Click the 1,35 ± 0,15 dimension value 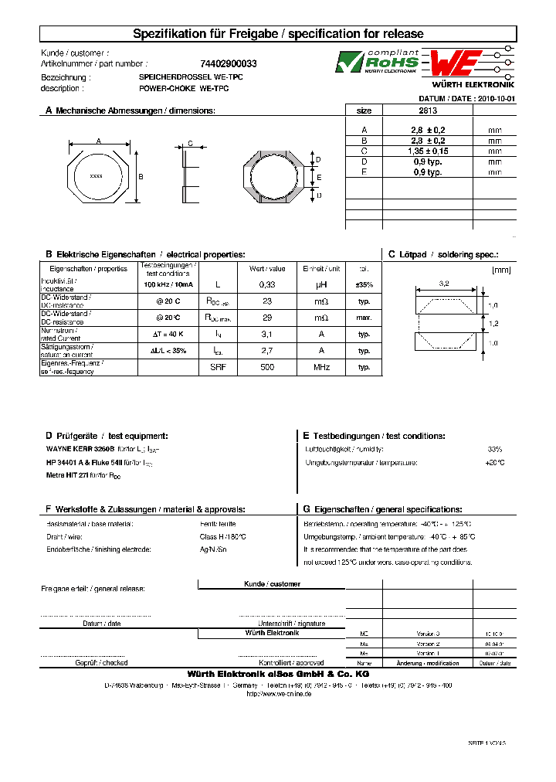coord(426,151)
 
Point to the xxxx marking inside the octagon coord(97,175)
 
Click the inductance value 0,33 coord(267,284)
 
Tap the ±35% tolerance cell coord(364,284)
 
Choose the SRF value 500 coord(267,367)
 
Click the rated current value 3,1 coord(267,334)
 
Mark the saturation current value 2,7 coord(267,350)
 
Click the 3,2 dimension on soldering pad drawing coord(444,284)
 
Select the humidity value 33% coord(495,449)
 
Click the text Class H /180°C coord(223,536)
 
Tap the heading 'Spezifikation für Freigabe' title coord(278,34)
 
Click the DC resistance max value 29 coord(267,318)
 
